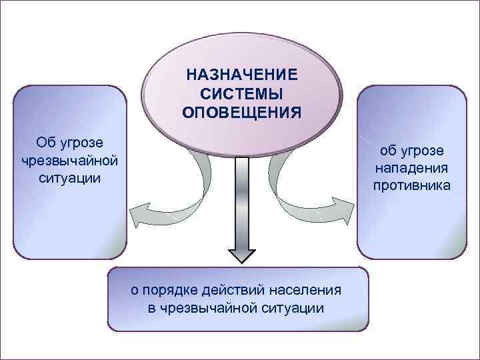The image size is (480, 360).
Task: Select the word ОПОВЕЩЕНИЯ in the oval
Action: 241,110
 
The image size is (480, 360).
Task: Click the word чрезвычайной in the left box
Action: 69,161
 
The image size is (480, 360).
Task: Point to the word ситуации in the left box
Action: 69,178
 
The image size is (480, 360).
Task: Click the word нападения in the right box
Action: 412,168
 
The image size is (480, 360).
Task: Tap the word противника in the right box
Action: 412,185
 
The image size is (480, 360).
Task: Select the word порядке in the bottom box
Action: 167,290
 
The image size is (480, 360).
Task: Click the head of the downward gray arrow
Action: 242,256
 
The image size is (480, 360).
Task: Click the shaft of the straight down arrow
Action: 242,200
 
